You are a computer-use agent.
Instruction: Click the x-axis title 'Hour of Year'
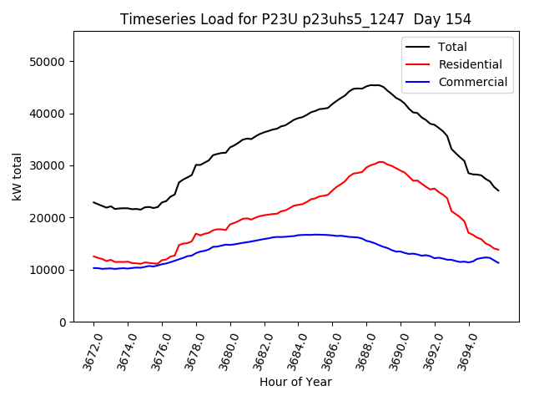click(x=295, y=382)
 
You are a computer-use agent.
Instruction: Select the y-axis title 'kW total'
click(x=17, y=177)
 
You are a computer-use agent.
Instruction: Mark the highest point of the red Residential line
click(x=380, y=162)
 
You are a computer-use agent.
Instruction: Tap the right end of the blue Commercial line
click(x=498, y=263)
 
